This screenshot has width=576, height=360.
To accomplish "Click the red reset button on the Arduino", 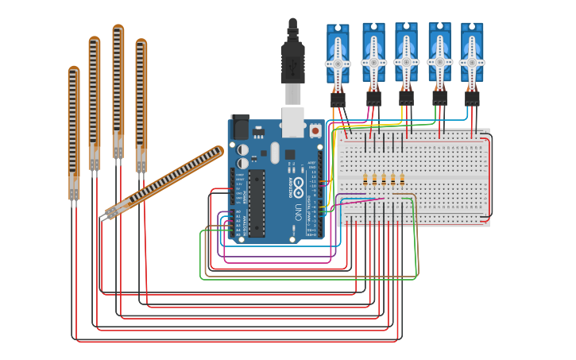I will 315,130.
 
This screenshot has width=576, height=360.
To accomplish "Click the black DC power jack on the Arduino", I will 239,129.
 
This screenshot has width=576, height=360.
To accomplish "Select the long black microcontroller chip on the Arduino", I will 256,203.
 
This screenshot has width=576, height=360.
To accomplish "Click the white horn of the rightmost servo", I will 472,63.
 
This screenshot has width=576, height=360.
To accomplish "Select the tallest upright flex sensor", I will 118,91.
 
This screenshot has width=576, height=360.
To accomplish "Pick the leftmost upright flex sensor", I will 74,131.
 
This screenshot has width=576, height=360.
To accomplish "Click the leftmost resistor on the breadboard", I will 365,178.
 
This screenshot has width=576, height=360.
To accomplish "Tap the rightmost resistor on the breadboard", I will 402,178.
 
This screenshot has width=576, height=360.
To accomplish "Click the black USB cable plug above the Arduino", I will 292,60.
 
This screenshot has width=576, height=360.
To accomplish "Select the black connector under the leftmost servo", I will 338,99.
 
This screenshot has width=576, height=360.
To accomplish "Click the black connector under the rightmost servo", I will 472,98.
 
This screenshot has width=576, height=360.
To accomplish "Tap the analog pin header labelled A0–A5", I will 232,223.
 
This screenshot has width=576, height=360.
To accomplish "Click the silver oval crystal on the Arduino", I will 275,153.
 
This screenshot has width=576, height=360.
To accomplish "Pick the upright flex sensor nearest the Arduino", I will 141,103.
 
